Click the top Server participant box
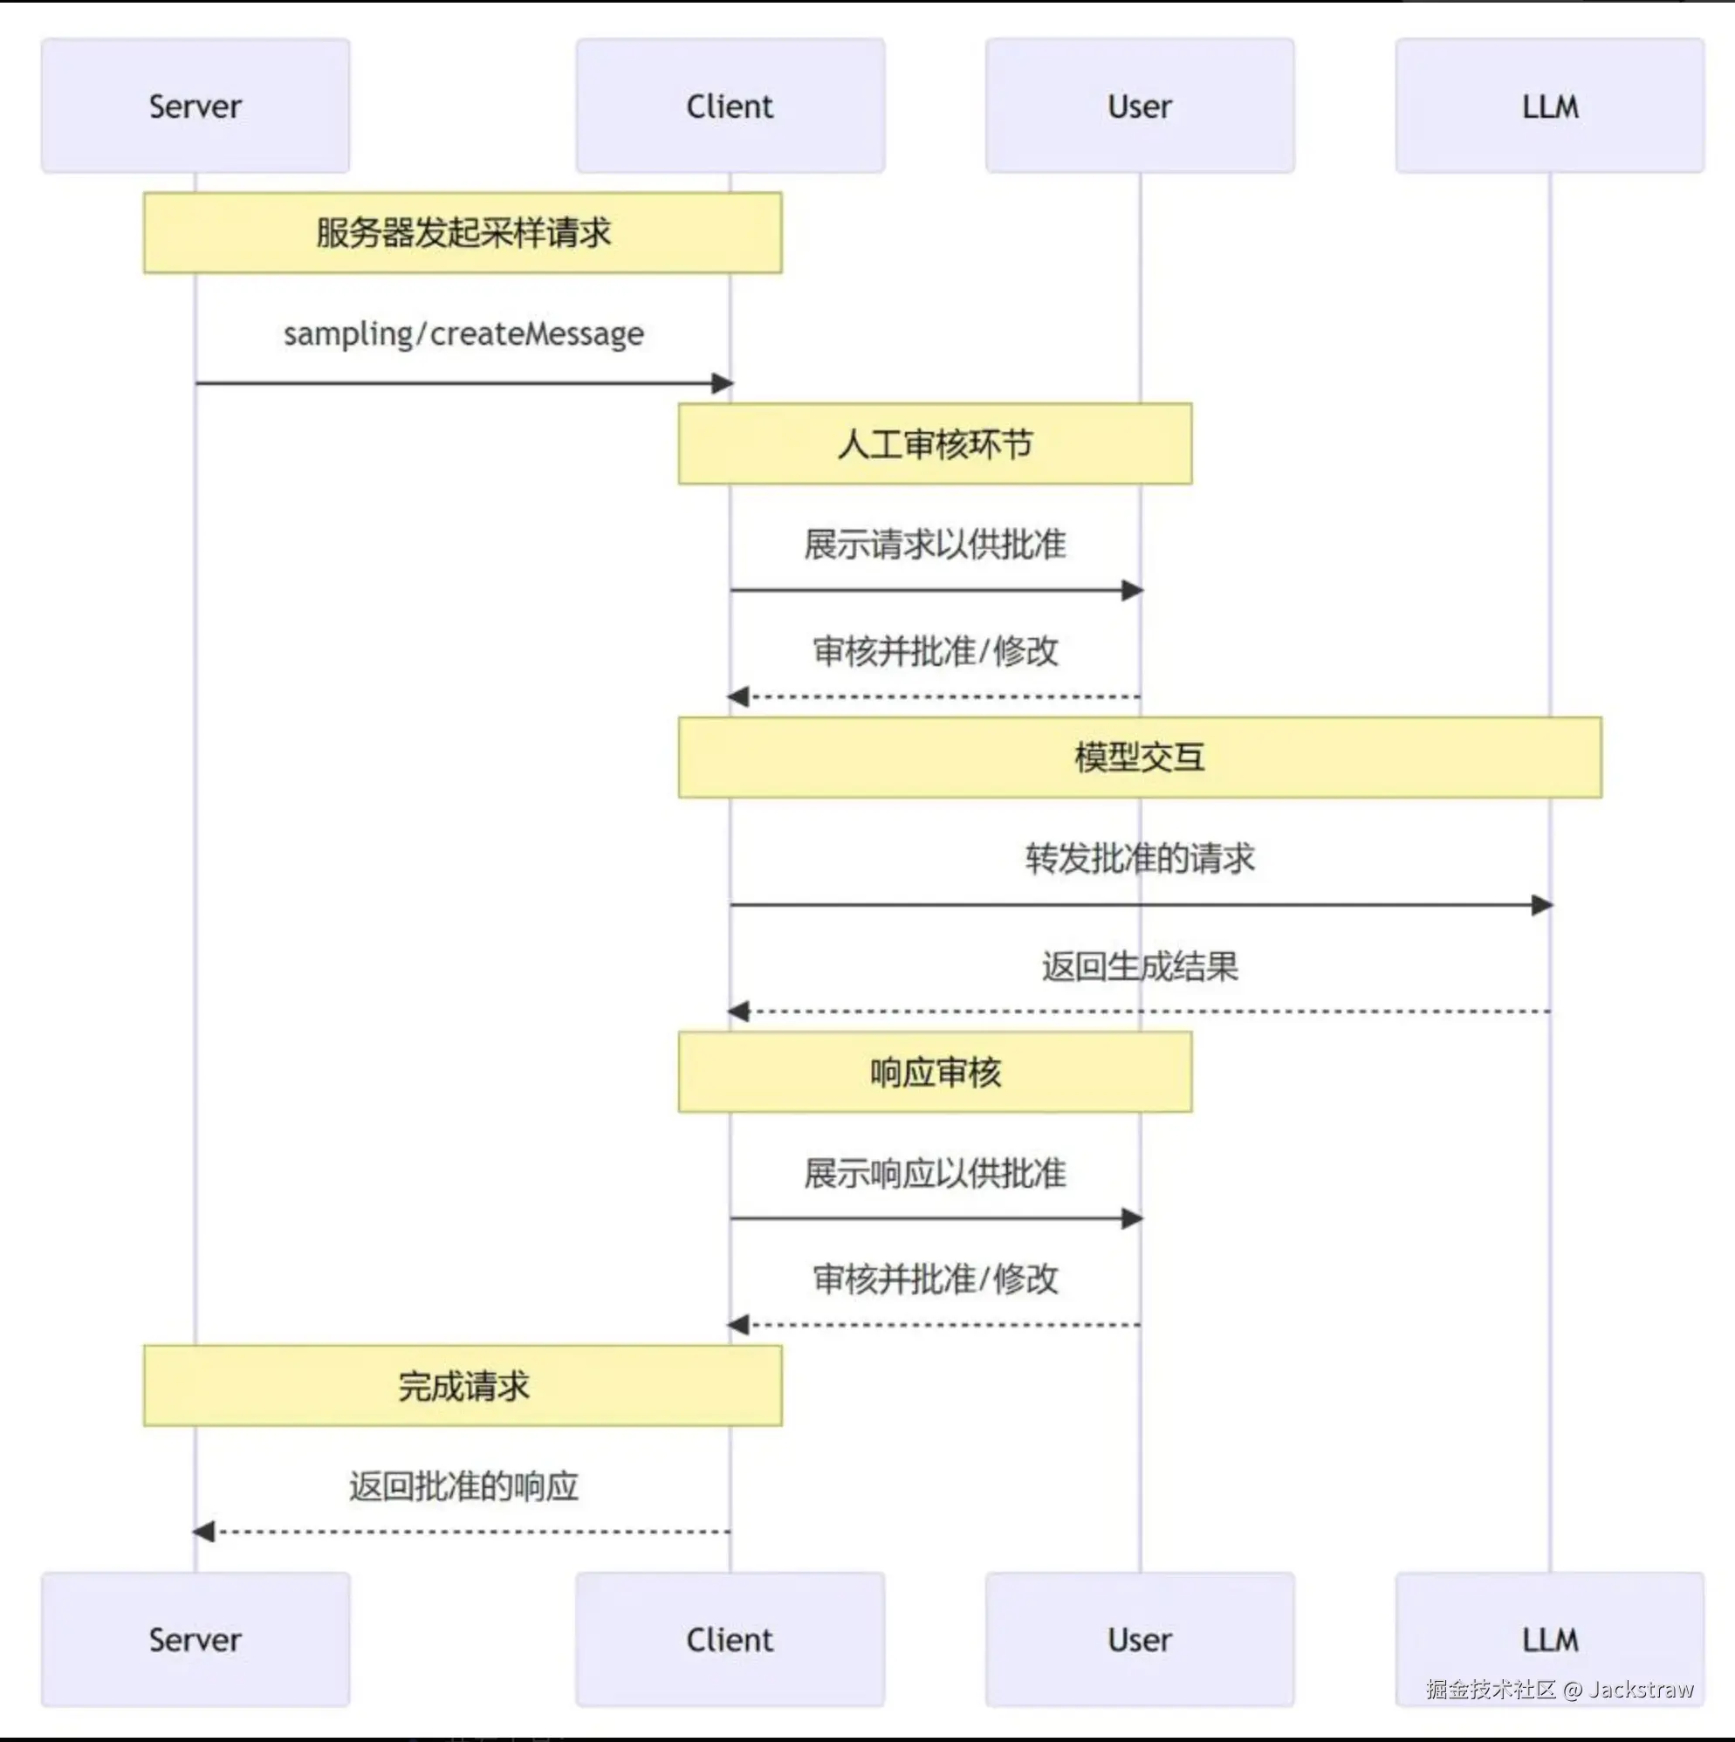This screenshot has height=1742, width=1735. click(195, 106)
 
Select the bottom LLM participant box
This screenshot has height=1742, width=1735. click(1549, 1638)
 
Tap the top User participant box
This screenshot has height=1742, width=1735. click(1139, 106)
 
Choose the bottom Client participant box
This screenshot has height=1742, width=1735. click(730, 1638)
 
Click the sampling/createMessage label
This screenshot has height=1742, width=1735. click(463, 333)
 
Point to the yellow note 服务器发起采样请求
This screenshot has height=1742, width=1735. click(463, 233)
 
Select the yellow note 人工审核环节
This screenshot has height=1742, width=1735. click(934, 443)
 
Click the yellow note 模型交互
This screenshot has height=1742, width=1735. click(1139, 758)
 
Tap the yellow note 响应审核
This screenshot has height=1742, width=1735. click(934, 1072)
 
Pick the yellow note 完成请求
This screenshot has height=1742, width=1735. click(463, 1386)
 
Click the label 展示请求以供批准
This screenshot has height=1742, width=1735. click(934, 545)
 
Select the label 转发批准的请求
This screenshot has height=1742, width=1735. click(1139, 859)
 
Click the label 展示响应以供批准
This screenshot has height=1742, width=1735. click(934, 1173)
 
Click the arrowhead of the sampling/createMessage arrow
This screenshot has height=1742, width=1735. click(723, 383)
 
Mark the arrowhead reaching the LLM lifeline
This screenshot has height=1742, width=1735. click(1541, 904)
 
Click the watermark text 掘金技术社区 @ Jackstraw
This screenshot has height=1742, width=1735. click(1560, 1689)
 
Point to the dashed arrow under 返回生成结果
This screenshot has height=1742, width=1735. click(1139, 1012)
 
